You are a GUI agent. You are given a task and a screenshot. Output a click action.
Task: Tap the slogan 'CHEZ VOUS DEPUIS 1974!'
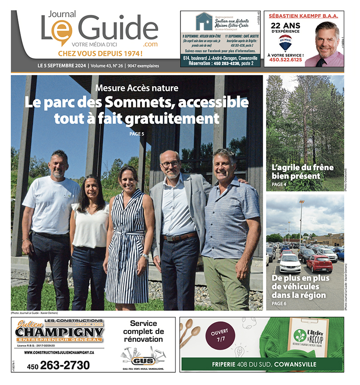(100, 54)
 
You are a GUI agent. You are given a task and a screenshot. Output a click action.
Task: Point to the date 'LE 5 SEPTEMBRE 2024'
(62, 66)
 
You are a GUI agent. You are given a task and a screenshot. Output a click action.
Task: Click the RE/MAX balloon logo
(285, 42)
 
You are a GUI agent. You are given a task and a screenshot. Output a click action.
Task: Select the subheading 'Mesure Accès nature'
(137, 88)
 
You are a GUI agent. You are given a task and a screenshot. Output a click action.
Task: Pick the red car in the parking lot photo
(319, 263)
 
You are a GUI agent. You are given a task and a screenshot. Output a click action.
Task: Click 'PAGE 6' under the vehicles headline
(278, 303)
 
